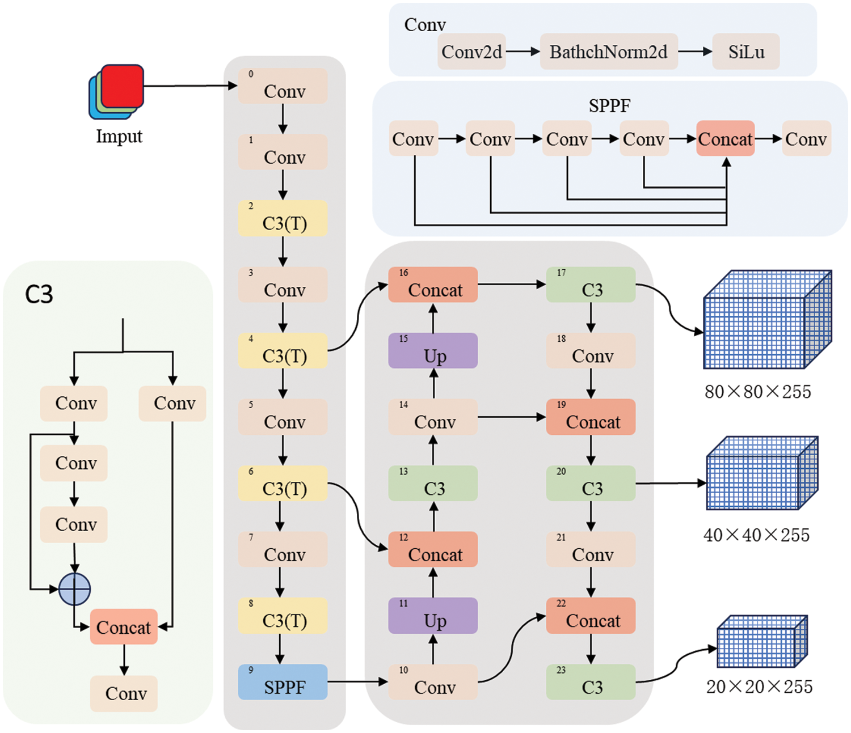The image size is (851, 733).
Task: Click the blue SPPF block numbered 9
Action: coord(283,682)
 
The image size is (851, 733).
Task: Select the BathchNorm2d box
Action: coord(608,52)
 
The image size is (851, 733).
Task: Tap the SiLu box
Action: coord(745,52)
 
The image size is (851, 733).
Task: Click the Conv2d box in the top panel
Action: coord(471,52)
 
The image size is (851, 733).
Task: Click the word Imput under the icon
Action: coord(119,137)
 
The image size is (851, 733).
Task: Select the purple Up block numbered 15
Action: coord(433,351)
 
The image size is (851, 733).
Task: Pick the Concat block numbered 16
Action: coord(433,285)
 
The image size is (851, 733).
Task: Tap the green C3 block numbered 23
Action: coord(591,682)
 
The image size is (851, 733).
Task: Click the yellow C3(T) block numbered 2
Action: coord(283,218)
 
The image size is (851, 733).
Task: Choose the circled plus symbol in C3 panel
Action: coord(75,589)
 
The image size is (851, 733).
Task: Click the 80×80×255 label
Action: coord(757,392)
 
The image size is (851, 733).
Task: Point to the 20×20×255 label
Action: coord(759,687)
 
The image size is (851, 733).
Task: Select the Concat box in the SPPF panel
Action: coord(725,138)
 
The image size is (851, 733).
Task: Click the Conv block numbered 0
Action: coord(283,86)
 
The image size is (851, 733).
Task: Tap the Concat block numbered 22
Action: coord(591,616)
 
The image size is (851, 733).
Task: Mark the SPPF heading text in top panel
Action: coord(609,105)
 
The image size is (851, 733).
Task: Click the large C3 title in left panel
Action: coord(39,294)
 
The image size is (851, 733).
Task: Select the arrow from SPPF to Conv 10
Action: coord(357,681)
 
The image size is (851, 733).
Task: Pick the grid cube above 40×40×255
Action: coord(762,473)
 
